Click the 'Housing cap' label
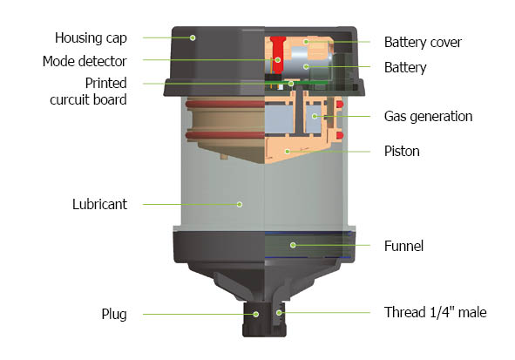(91, 38)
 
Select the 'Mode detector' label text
(85, 61)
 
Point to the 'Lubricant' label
(99, 204)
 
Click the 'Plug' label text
(114, 315)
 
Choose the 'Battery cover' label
(423, 43)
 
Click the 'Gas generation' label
(428, 116)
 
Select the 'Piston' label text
(402, 151)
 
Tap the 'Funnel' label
(403, 246)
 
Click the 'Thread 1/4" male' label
(435, 312)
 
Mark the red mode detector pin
(278, 55)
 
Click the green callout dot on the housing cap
(193, 37)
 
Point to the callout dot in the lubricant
(240, 204)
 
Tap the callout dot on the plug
(256, 315)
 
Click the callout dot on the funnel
(293, 245)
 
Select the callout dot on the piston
(288, 152)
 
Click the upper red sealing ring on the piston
(226, 105)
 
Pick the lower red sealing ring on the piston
(226, 135)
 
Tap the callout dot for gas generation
(315, 116)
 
